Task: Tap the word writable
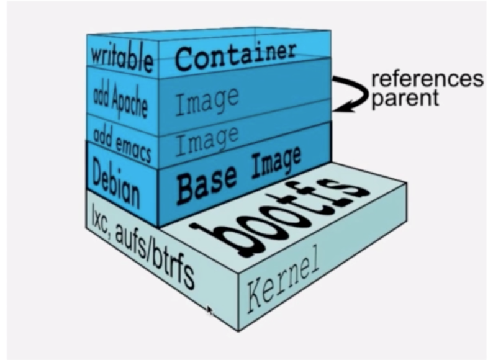tap(122, 59)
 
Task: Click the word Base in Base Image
tap(204, 182)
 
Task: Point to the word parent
tap(404, 98)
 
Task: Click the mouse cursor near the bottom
tap(210, 310)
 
